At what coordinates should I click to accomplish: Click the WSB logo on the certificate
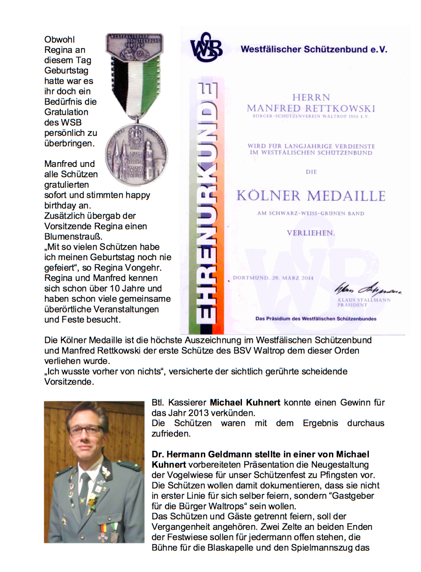(206, 48)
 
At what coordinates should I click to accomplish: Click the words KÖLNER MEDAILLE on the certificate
(311, 195)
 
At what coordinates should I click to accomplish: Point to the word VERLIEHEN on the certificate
(310, 233)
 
